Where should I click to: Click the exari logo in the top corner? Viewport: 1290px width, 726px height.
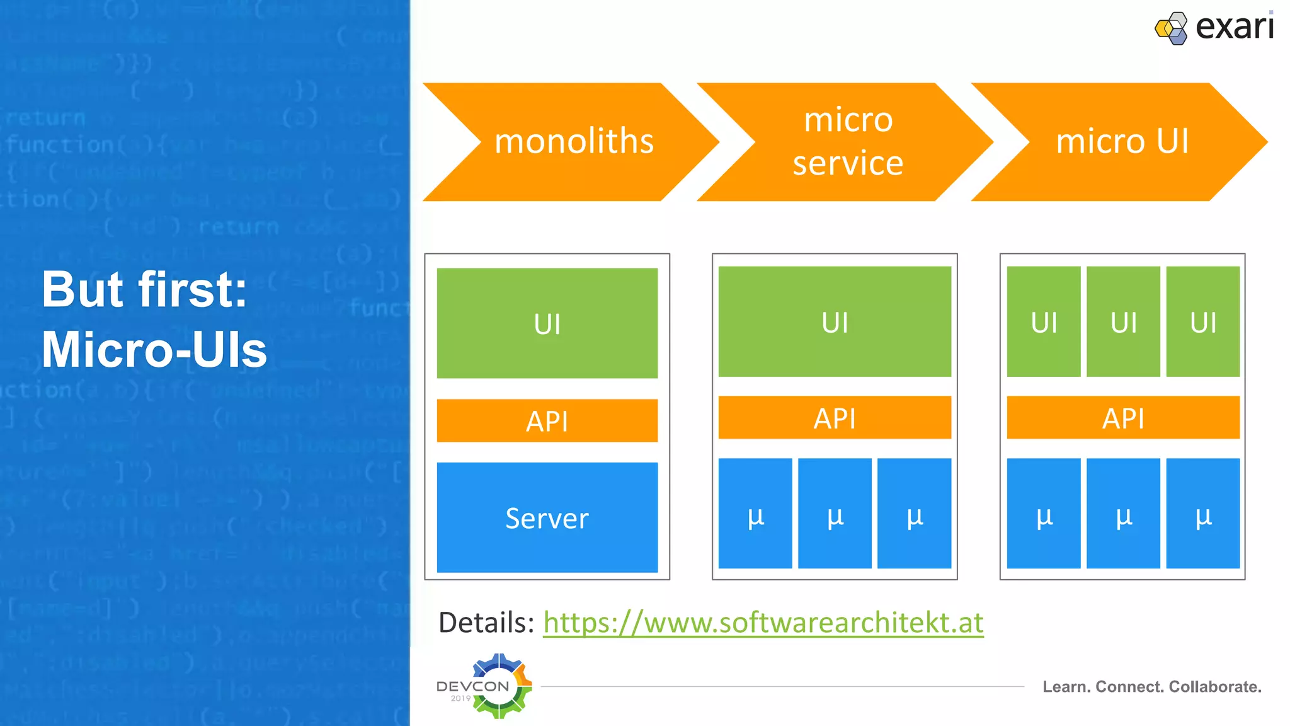(1214, 28)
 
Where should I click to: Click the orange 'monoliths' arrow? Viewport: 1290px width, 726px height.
(573, 141)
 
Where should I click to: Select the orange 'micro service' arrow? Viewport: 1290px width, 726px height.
(847, 141)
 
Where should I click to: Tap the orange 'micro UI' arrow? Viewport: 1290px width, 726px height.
(1122, 141)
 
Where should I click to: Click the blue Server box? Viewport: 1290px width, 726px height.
(547, 517)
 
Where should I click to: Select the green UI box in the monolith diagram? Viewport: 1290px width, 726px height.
(547, 323)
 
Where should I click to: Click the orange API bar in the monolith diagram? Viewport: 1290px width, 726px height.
(547, 420)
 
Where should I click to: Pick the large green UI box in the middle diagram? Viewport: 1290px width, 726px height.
(835, 321)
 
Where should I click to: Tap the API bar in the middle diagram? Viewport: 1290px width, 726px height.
(835, 417)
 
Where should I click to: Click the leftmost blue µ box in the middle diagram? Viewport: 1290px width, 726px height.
(755, 513)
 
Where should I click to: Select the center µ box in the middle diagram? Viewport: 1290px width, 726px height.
(835, 513)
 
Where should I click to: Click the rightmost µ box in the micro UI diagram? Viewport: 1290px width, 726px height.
(1202, 513)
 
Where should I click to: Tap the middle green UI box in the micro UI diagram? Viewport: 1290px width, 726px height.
(1123, 321)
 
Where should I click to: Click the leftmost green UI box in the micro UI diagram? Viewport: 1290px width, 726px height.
(1044, 321)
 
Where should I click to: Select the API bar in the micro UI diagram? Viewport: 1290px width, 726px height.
(1123, 417)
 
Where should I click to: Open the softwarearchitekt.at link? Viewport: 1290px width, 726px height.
(763, 623)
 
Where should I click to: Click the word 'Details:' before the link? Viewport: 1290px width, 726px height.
(486, 623)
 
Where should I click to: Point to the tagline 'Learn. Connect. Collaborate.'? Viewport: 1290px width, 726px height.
(1151, 686)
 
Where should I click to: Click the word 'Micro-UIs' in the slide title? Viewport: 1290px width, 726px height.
(154, 350)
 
